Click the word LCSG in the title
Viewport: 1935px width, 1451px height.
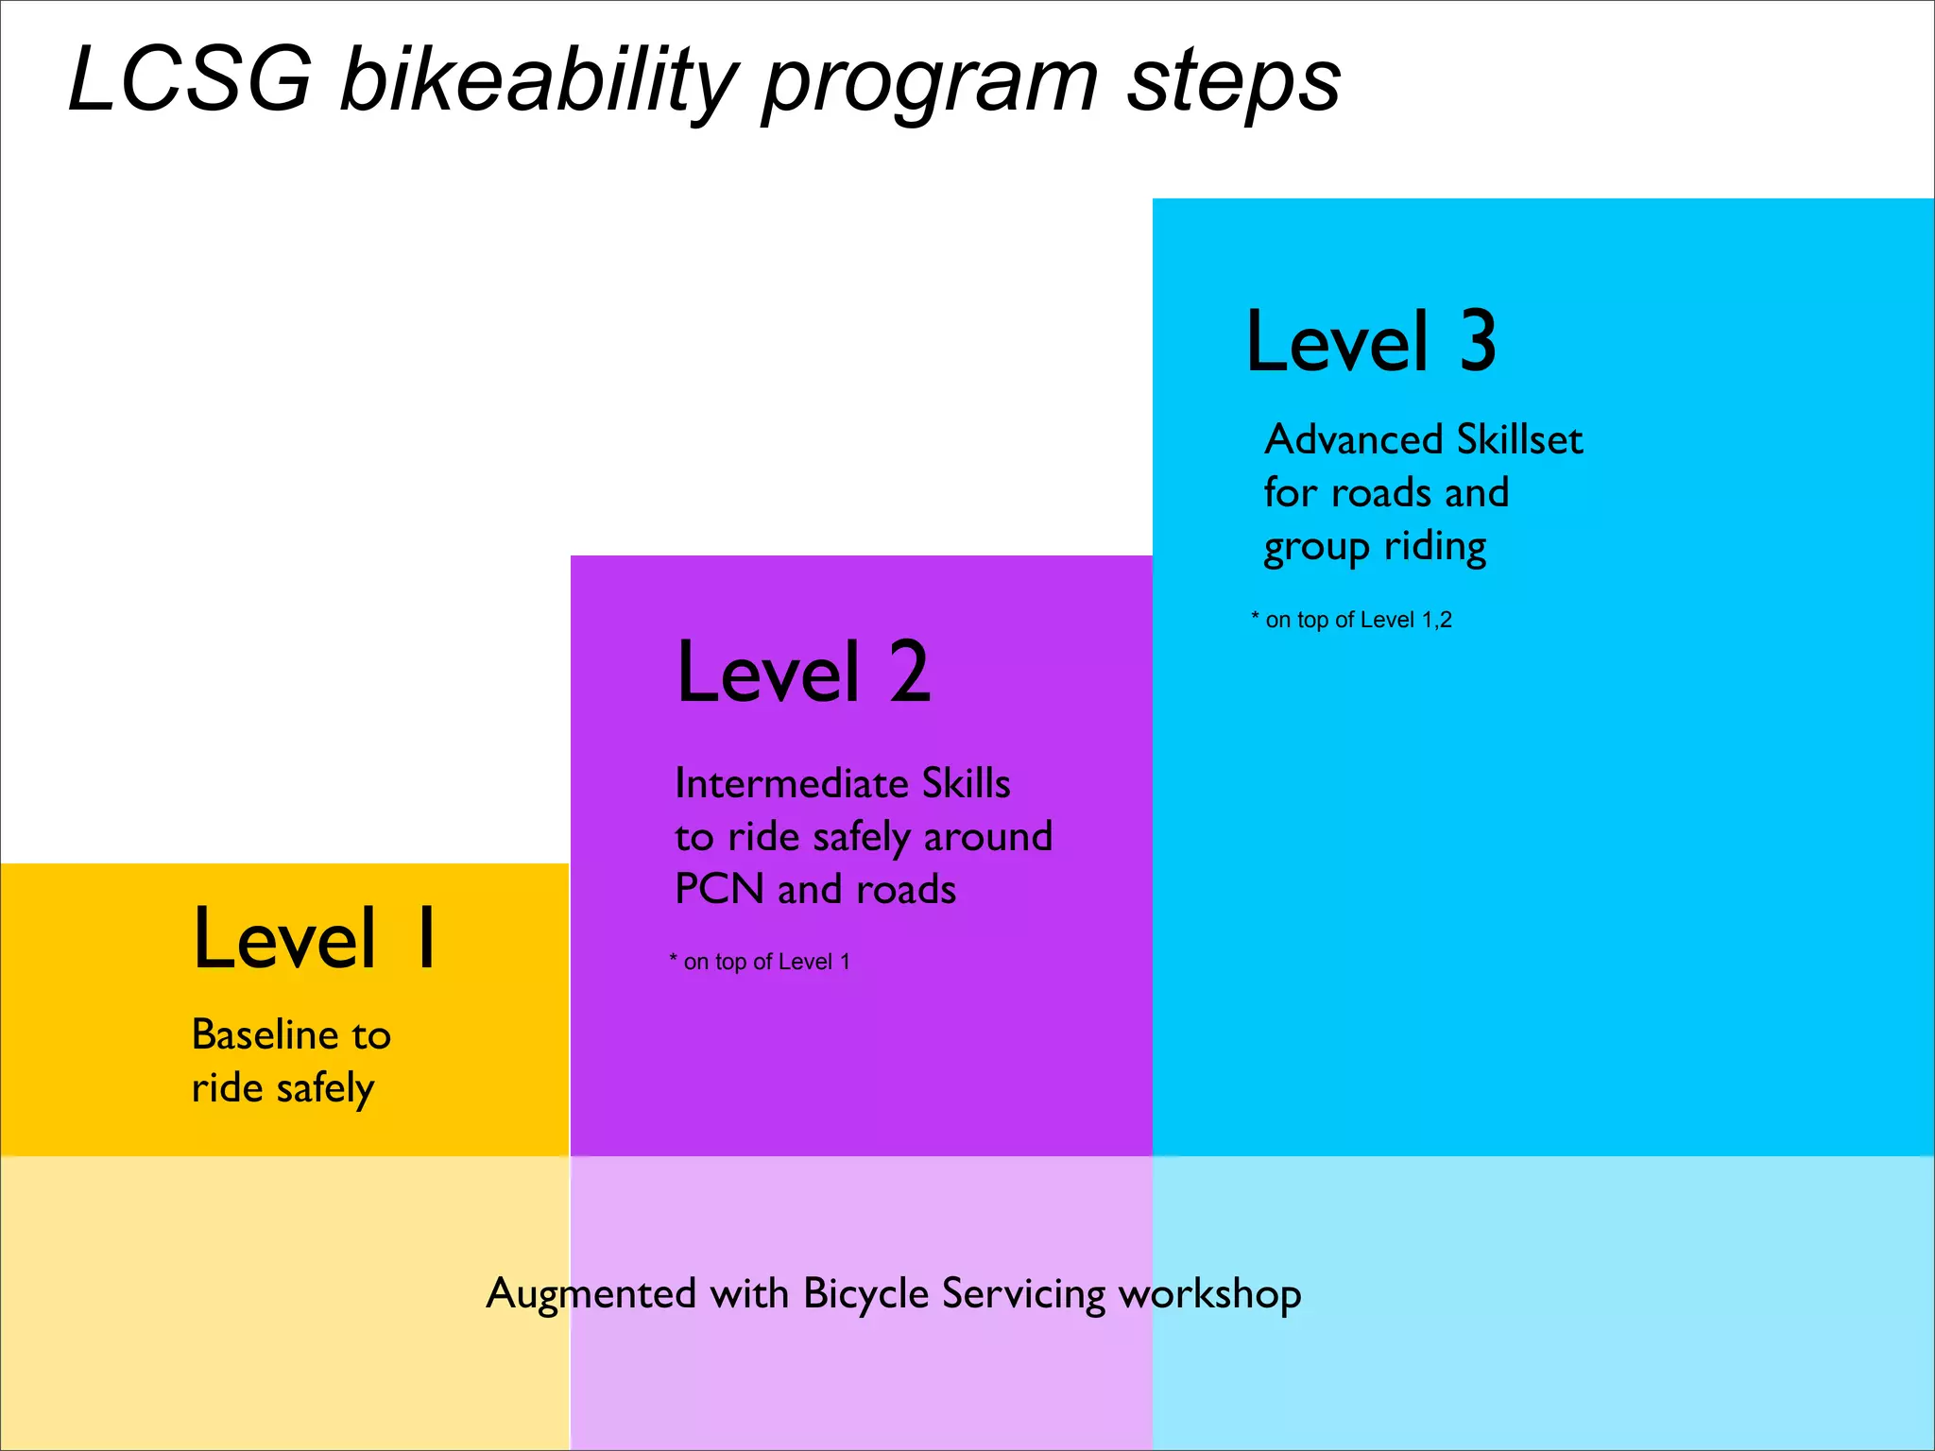189,80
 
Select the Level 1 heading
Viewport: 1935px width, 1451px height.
315,938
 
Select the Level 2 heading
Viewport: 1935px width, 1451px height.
804,672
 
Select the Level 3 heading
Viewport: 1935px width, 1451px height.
1371,341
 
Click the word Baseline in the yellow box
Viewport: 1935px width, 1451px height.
265,1035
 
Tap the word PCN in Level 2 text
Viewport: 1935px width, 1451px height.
719,890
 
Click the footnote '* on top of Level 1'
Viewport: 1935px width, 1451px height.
760,962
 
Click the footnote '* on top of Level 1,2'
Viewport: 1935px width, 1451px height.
1351,620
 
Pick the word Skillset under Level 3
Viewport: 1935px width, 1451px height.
1519,440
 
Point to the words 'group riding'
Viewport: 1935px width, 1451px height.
1375,548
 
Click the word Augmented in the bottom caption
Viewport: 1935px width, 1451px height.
591,1294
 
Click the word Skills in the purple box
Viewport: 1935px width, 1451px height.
966,784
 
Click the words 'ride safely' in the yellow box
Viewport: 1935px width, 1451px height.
283,1089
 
